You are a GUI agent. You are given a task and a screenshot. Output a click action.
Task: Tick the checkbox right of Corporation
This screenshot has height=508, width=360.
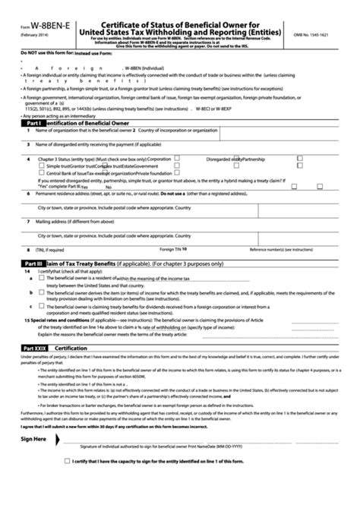click(176, 159)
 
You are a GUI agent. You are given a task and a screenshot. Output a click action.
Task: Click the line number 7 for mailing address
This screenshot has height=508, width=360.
click(28, 222)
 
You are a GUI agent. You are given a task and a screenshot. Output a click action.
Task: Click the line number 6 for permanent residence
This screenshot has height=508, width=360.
click(28, 194)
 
